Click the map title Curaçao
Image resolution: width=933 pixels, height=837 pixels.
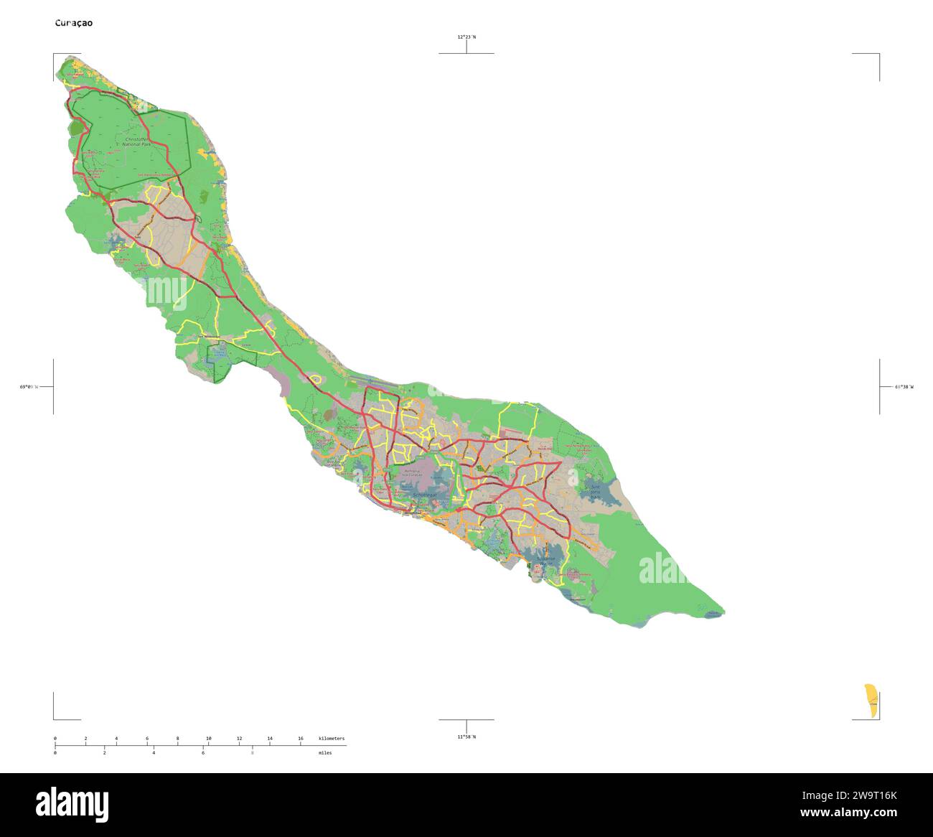click(74, 23)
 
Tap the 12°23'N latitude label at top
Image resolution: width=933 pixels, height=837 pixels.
click(467, 37)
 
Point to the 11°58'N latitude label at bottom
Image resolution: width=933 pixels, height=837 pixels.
click(467, 737)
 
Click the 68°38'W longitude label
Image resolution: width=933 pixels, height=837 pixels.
click(904, 387)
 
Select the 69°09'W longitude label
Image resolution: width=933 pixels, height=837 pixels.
click(28, 387)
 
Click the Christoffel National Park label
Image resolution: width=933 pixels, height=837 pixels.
click(136, 141)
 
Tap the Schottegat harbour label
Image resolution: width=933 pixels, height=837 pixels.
click(425, 495)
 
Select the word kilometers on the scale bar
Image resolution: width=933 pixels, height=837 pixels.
click(332, 739)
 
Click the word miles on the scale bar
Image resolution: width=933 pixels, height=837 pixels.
click(325, 753)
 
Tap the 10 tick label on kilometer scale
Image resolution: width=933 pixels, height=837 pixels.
click(208, 739)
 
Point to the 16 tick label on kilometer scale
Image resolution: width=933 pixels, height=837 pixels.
click(300, 739)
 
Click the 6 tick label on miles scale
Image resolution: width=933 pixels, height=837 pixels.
click(202, 753)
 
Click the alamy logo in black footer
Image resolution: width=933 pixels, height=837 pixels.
click(72, 804)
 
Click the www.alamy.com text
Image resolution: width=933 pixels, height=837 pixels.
click(848, 813)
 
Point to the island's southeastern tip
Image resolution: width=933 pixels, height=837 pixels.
click(723, 614)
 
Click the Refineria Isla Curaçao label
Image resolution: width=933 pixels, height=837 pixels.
click(414, 474)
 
